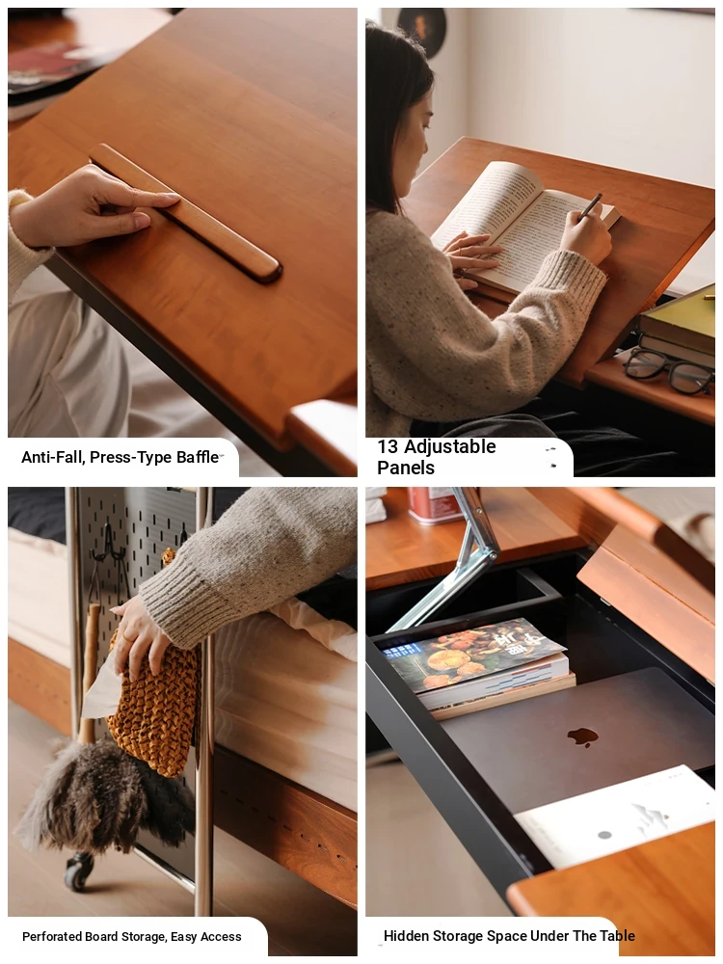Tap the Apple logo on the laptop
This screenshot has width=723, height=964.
pos(582,736)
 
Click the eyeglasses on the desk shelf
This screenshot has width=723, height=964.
pos(668,372)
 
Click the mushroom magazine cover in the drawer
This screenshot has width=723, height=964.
pos(471,655)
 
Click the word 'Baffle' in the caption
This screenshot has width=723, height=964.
pos(198,457)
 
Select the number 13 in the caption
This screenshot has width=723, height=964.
pos(388,446)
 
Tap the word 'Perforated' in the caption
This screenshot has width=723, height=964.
pos(52,936)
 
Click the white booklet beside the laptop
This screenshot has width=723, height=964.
pos(615,815)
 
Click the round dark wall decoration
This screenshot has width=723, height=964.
pos(422,30)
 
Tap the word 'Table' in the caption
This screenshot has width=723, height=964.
pos(617,936)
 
